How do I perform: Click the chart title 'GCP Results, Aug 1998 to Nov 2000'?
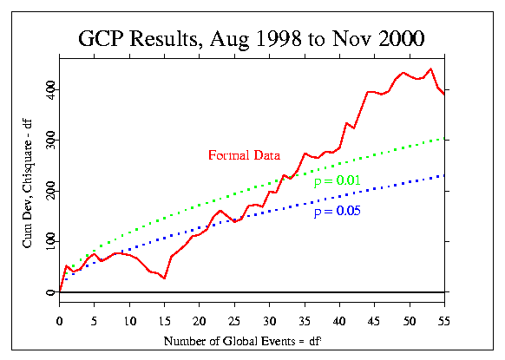click(252, 39)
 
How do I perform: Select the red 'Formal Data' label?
click(244, 155)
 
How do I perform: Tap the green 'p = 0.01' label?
click(338, 180)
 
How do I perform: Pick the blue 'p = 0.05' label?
click(338, 211)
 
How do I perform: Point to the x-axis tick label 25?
click(234, 321)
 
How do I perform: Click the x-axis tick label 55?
click(443, 321)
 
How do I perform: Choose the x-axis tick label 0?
click(59, 321)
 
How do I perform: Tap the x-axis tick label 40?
click(339, 321)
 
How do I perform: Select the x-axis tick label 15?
click(164, 321)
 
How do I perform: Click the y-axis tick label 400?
click(50, 89)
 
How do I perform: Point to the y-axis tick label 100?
click(50, 241)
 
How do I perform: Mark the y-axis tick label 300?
click(50, 140)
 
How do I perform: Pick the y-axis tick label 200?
click(50, 191)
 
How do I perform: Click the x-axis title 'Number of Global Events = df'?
click(243, 341)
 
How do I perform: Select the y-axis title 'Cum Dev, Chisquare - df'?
click(28, 184)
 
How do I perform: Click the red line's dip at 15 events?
click(164, 278)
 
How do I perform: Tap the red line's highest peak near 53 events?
click(430, 69)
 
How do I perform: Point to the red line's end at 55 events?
click(444, 94)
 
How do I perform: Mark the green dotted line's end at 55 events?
click(444, 139)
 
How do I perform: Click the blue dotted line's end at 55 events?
click(444, 175)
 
